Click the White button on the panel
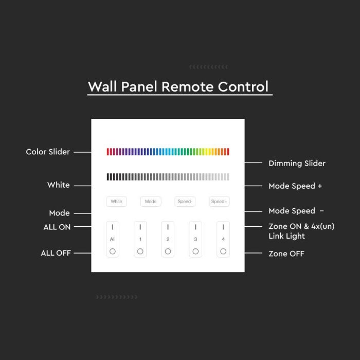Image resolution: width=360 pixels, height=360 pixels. tap(116, 202)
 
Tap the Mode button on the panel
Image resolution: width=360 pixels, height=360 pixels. tap(151, 202)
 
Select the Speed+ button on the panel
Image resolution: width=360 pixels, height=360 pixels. tap(219, 202)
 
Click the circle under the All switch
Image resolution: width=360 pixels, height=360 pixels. tap(113, 251)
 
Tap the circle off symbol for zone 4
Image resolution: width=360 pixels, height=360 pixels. tap(223, 251)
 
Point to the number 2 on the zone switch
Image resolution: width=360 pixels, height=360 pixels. tap(168, 240)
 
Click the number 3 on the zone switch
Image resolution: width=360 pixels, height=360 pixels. tap(195, 240)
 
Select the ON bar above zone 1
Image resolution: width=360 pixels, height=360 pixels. tap(140, 227)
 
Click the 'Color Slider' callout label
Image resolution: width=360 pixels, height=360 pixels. tap(48, 152)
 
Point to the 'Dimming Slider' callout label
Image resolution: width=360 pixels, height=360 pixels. tap(297, 164)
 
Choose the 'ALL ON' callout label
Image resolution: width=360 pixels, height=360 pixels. tap(57, 227)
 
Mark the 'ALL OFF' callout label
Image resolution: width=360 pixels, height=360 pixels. tap(56, 253)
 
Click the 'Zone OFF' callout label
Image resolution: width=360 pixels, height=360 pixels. tap(286, 254)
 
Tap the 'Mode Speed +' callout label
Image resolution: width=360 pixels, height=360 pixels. tap(295, 186)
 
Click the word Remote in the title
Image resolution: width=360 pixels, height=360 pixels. tap(187, 86)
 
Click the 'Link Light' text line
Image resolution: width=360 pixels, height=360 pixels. tap(286, 236)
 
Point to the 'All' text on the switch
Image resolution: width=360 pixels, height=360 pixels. tap(113, 240)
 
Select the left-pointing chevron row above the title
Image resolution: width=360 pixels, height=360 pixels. tap(208, 67)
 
